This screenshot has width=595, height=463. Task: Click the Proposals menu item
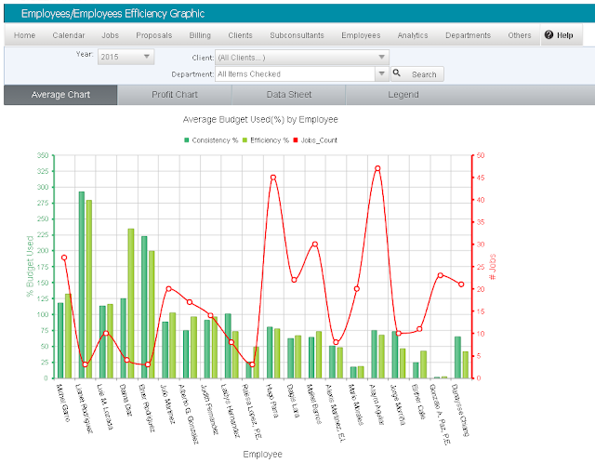click(x=153, y=35)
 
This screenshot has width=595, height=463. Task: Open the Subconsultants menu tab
click(x=297, y=35)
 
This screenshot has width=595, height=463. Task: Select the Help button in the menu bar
click(x=559, y=35)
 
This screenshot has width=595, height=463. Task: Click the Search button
click(x=417, y=74)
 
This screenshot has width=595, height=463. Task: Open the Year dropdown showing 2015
click(x=126, y=57)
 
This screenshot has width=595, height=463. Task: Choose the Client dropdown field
click(x=301, y=57)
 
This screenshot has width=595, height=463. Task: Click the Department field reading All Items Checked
click(x=301, y=74)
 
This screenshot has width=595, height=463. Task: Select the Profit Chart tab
click(x=175, y=95)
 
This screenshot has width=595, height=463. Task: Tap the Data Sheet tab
click(x=288, y=95)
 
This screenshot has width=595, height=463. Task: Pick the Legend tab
click(x=403, y=95)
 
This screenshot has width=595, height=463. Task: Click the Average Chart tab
click(x=60, y=95)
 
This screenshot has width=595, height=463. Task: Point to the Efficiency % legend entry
click(x=267, y=139)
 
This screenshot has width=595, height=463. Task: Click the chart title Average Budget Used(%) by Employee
click(x=260, y=120)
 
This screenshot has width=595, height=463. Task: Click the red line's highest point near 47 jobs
click(x=377, y=168)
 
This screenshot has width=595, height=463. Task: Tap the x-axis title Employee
click(x=262, y=455)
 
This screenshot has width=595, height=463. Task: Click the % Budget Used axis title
click(x=30, y=267)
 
